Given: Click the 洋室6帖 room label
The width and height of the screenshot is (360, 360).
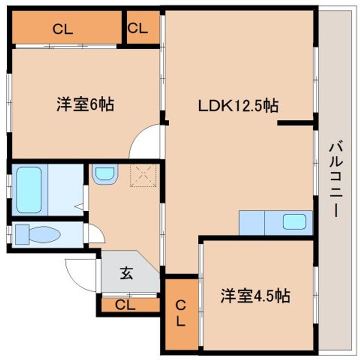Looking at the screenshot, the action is click(85, 104).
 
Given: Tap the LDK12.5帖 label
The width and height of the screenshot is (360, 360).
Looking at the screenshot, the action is click(238, 105).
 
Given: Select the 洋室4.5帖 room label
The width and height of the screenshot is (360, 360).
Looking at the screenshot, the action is click(255, 295).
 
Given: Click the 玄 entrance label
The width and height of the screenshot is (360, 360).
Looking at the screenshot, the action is click(126, 273).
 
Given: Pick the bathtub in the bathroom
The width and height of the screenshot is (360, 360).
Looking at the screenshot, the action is click(29, 190).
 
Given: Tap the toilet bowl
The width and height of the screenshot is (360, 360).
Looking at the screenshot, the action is click(45, 234).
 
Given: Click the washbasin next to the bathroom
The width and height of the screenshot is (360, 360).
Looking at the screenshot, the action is click(105, 174).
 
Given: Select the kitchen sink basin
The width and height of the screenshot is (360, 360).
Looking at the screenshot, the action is click(294, 222).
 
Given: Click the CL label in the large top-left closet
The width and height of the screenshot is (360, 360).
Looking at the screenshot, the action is click(62, 29).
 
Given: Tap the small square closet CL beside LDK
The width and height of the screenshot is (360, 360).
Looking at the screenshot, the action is click(137, 28).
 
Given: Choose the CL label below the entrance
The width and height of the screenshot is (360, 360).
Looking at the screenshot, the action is click(125, 305).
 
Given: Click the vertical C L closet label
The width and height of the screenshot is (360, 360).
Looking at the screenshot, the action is click(180, 313).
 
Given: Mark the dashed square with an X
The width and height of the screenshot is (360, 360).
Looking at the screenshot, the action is click(143, 175).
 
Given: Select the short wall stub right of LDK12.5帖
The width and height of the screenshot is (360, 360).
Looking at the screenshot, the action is click(295, 123).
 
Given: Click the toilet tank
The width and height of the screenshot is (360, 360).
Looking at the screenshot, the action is click(22, 234).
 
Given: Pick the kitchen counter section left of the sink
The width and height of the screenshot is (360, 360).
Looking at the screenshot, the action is click(252, 222).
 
